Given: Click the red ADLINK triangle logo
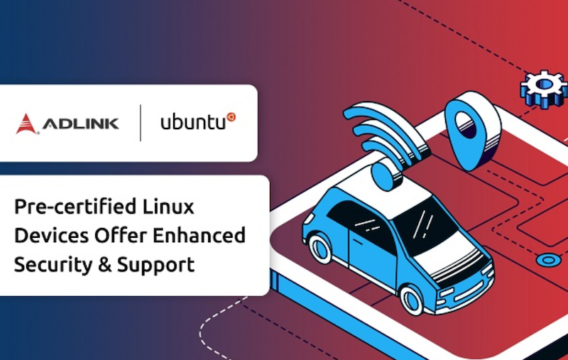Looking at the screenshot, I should point(26,124).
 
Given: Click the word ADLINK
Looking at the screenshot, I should point(80,124).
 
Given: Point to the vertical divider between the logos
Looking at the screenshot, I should point(140,123).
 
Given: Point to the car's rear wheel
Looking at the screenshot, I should point(320,248).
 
